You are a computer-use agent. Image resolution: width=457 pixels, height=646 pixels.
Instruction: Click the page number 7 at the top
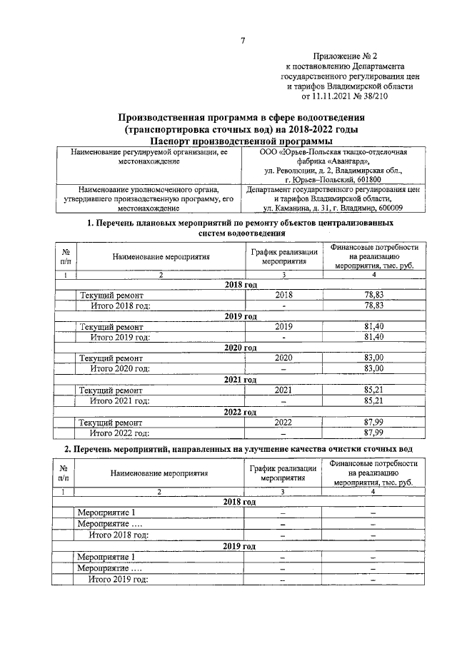click(242, 39)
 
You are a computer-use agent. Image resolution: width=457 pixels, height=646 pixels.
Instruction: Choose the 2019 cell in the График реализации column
click(283, 326)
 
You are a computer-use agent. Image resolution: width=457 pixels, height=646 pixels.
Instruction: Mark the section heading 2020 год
click(241, 348)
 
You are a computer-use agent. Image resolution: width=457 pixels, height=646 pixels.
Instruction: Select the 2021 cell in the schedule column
click(283, 390)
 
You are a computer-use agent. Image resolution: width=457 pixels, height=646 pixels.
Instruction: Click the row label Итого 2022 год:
click(119, 433)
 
